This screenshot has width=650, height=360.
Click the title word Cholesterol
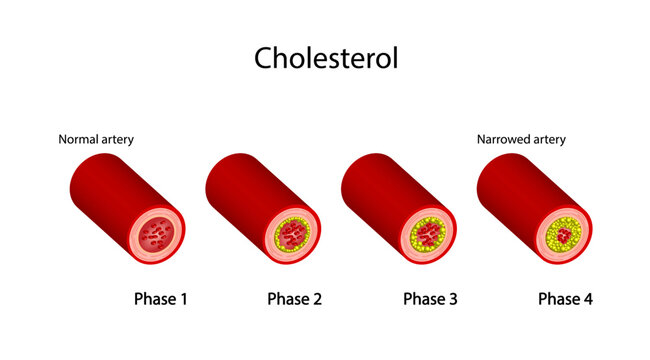click(x=326, y=57)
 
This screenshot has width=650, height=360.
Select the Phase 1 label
click(x=161, y=298)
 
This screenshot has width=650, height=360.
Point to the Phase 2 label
click(x=295, y=298)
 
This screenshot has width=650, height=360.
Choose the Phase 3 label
click(x=430, y=298)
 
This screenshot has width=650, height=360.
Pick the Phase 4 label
click(x=565, y=298)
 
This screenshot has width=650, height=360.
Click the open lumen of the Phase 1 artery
click(x=156, y=238)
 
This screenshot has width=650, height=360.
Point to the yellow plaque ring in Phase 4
click(x=551, y=238)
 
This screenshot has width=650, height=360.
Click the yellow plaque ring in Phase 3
click(x=413, y=240)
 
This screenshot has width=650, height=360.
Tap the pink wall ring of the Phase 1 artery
click(x=135, y=240)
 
